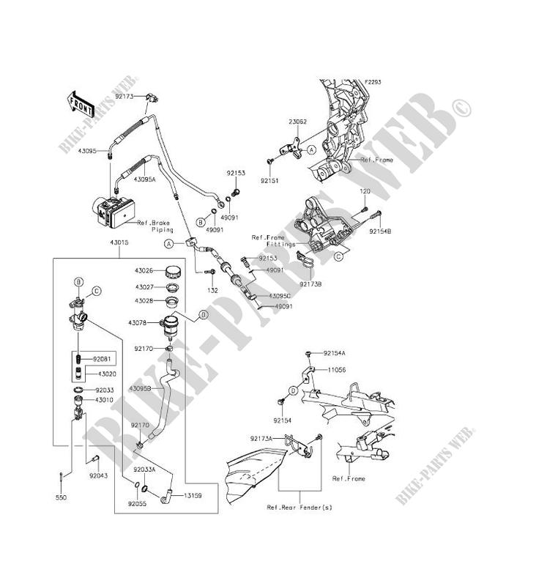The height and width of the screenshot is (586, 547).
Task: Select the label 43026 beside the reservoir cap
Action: coord(144,270)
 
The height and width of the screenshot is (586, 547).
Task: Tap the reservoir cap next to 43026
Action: coord(174,270)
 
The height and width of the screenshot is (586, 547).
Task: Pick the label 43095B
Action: coord(141,387)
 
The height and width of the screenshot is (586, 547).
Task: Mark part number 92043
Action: coord(100,475)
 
